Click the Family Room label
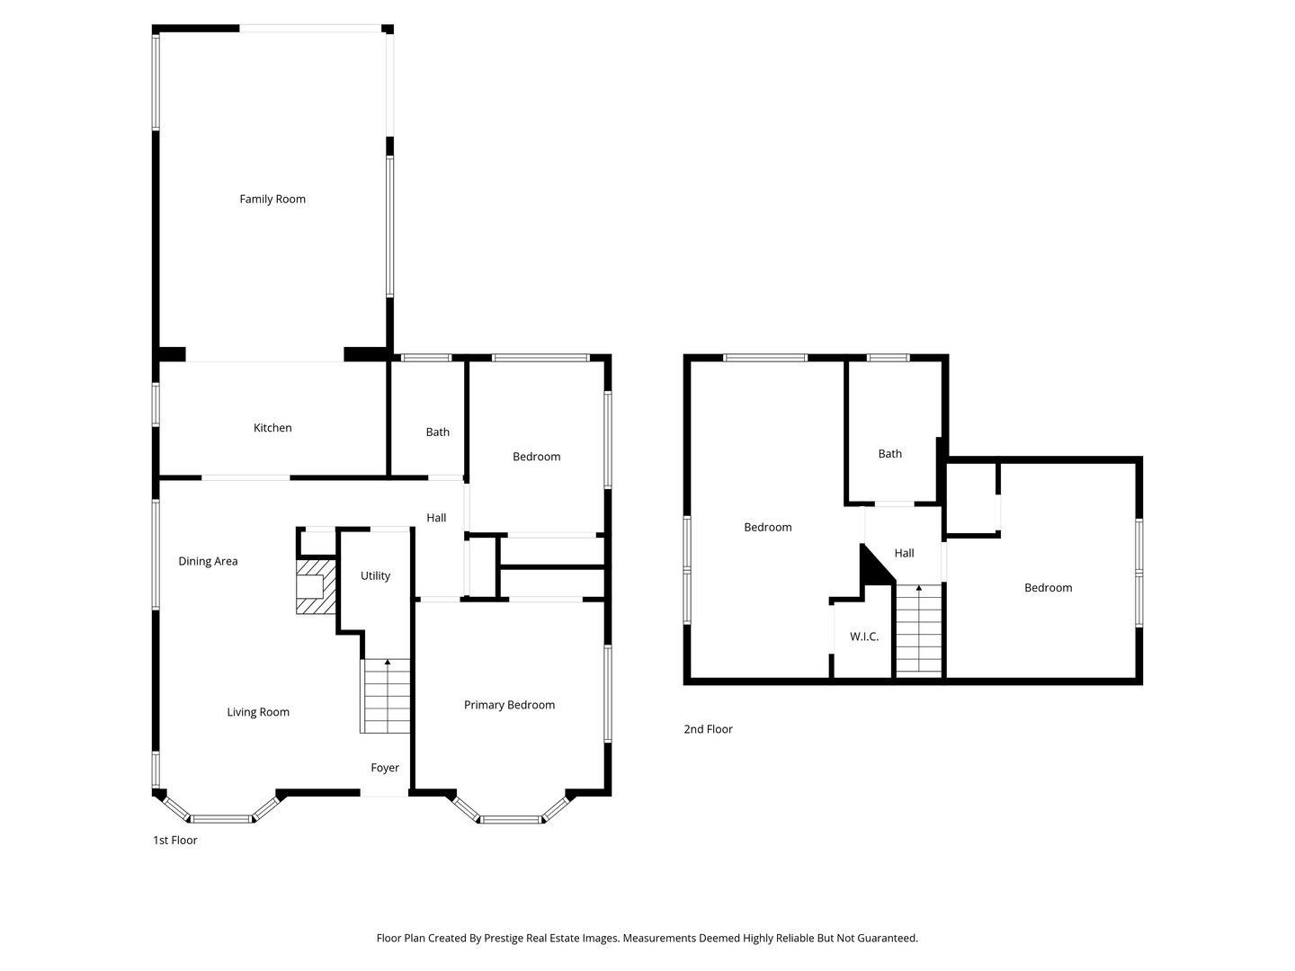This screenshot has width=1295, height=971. pyautogui.click(x=272, y=200)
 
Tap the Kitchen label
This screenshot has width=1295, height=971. pyautogui.click(x=272, y=428)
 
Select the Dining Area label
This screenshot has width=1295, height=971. pyautogui.click(x=208, y=562)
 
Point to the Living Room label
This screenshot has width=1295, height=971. pyautogui.click(x=258, y=712)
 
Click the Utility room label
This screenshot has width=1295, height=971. pyautogui.click(x=375, y=576)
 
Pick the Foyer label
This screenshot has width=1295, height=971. pyautogui.click(x=385, y=768)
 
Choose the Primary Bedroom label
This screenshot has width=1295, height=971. pyautogui.click(x=509, y=705)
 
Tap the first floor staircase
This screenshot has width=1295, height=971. pyautogui.click(x=387, y=697)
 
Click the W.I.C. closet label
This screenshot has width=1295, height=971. pyautogui.click(x=864, y=637)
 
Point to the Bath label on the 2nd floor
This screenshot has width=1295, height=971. pyautogui.click(x=889, y=454)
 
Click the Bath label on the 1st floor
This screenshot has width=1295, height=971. pyautogui.click(x=438, y=432)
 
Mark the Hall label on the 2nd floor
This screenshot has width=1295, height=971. pyautogui.click(x=904, y=554)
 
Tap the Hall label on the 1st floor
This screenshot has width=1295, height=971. pyautogui.click(x=436, y=518)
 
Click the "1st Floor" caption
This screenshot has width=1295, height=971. pyautogui.click(x=174, y=841)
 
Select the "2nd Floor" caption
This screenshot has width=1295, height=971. pyautogui.click(x=708, y=729)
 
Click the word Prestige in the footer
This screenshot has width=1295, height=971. pyautogui.click(x=505, y=939)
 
